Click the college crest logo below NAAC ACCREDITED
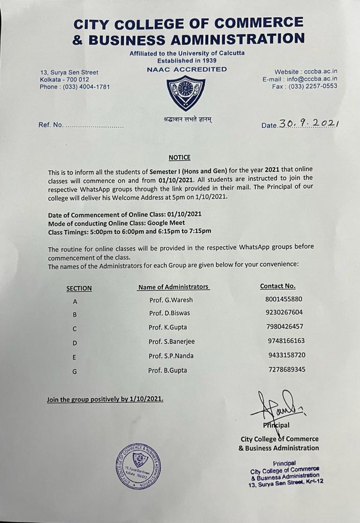click(186, 92)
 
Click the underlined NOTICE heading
click(179, 157)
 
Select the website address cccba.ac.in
click(321, 72)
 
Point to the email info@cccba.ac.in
click(311, 79)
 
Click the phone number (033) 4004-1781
click(86, 87)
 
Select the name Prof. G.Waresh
click(171, 300)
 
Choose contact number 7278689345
click(287, 369)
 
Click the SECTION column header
click(79, 288)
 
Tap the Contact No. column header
click(278, 286)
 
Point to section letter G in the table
click(75, 371)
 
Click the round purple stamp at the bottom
click(138, 466)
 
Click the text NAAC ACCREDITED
click(186, 69)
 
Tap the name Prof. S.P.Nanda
click(171, 355)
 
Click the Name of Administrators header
click(174, 287)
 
